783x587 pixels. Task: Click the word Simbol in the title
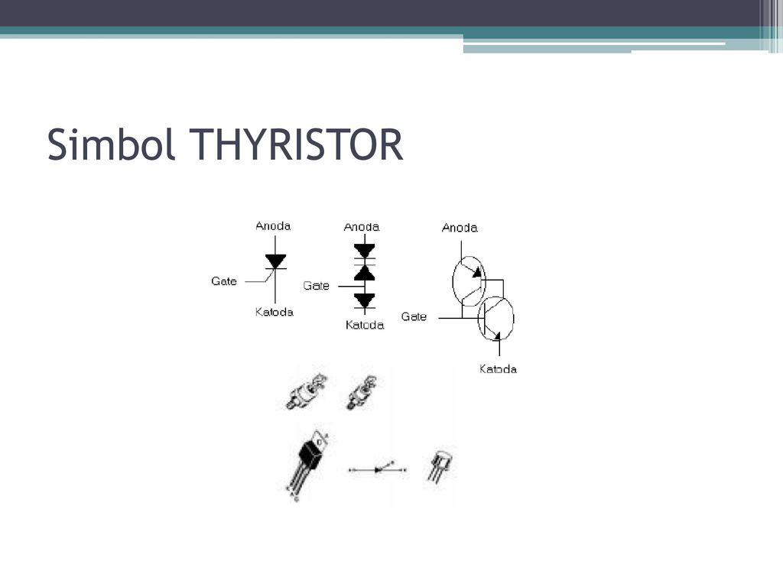click(x=111, y=144)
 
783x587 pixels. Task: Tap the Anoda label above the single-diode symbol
click(x=273, y=226)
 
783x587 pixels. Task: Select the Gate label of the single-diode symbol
click(x=224, y=281)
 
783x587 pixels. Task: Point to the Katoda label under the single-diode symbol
click(x=275, y=313)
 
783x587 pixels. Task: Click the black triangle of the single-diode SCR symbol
click(x=275, y=261)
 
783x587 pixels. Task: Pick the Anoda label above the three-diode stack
click(x=362, y=227)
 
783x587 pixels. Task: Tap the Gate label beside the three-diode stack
click(x=316, y=286)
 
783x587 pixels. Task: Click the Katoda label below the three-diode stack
click(x=365, y=326)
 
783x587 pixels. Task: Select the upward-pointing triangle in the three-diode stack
click(x=365, y=273)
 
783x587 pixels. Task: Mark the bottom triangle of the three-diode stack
click(x=365, y=300)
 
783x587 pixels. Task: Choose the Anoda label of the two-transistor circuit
click(x=460, y=228)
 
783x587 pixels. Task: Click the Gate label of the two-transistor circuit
click(x=414, y=317)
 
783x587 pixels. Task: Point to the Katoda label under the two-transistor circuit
click(x=498, y=369)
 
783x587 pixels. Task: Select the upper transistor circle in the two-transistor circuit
click(x=453, y=281)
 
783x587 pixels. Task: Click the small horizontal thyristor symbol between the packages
click(x=378, y=469)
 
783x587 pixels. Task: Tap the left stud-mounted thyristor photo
click(x=306, y=391)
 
